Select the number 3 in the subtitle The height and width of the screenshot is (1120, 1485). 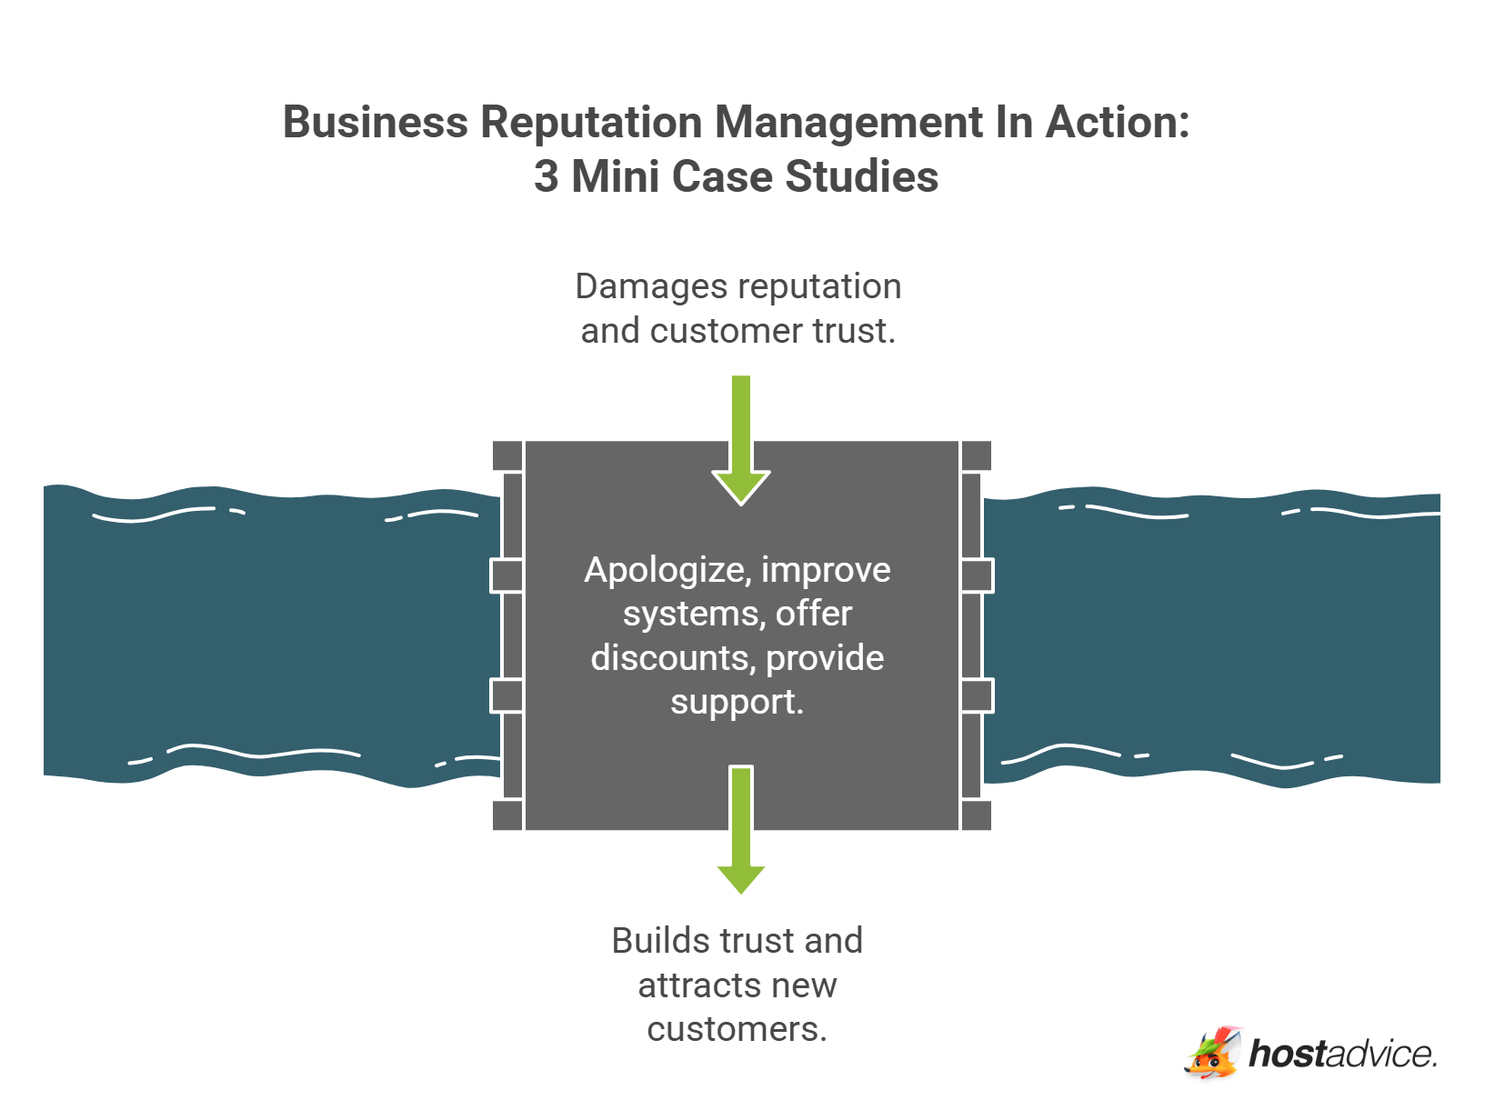coord(546,176)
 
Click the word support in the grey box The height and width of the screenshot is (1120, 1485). coord(732,703)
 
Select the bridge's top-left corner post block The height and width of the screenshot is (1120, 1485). coord(507,455)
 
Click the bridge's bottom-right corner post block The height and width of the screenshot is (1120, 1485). coord(976,815)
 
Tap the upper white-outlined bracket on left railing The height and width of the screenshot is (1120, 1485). coord(507,575)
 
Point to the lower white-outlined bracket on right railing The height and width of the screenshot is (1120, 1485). coord(977,696)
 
